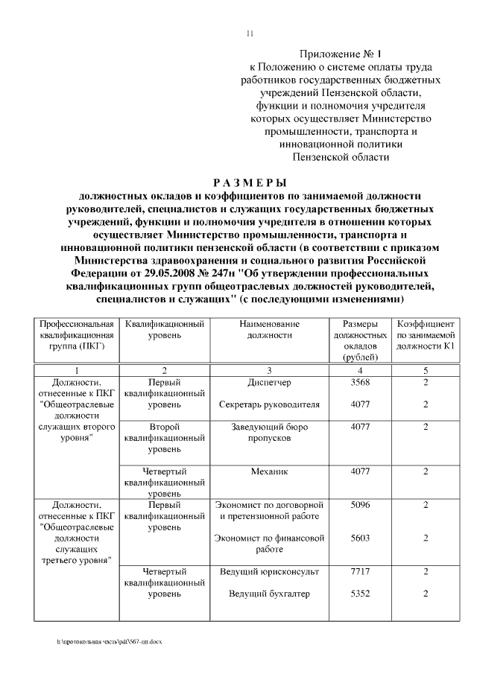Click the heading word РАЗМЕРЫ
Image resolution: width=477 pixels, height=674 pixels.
click(x=249, y=182)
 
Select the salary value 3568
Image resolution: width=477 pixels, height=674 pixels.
click(x=360, y=383)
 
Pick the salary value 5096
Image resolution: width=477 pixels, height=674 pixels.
click(x=360, y=504)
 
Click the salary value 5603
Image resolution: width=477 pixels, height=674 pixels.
click(x=360, y=538)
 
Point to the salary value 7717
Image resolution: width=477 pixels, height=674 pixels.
click(x=360, y=571)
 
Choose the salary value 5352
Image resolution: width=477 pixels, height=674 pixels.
click(x=360, y=594)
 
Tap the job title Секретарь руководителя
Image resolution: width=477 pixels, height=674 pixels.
click(x=269, y=405)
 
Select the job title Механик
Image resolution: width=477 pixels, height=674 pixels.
click(x=269, y=471)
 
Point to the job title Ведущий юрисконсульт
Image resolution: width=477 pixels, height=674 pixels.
click(x=269, y=571)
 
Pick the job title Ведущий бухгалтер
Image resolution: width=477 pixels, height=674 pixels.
click(x=269, y=594)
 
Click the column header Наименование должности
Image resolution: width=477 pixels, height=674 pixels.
click(x=269, y=330)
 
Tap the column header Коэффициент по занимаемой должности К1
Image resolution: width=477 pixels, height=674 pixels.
click(x=426, y=336)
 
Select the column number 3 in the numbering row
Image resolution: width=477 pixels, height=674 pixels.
click(x=269, y=370)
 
